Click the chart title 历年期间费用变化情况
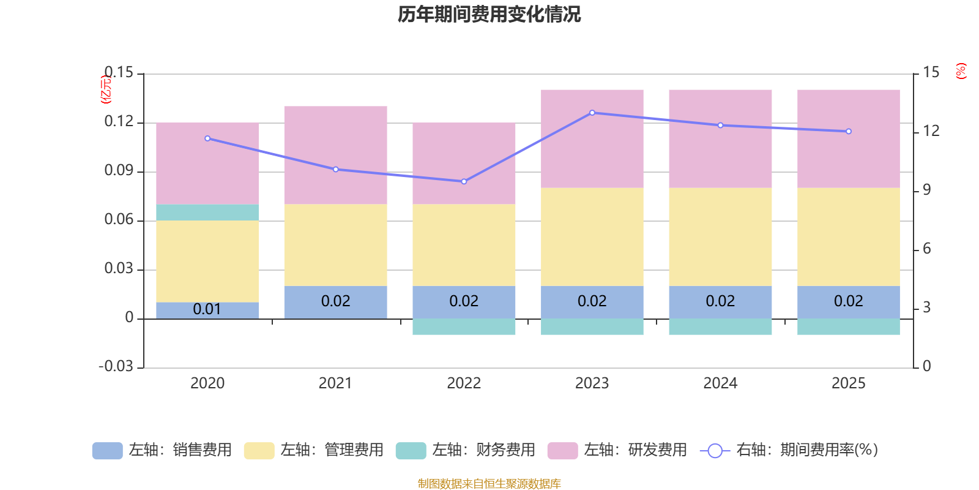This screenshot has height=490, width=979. pos(489,14)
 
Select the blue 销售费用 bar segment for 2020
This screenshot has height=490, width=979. pos(207,310)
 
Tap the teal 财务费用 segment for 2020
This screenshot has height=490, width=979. pos(207,212)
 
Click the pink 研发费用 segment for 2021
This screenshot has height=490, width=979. pos(335,155)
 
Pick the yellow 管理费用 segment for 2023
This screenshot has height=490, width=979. pos(592,236)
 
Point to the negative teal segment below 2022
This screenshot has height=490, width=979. pos(464,326)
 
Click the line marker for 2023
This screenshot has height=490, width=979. pos(592,113)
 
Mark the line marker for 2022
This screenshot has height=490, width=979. pos(464,181)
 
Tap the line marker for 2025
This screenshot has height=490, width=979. pos(848,131)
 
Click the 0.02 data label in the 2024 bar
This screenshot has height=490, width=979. pos(720,301)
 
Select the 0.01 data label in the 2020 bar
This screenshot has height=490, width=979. pos(207,309)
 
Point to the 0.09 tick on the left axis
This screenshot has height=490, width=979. pos(119,170)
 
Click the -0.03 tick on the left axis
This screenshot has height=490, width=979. pos(116,366)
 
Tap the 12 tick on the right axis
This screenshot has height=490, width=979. pos(931,131)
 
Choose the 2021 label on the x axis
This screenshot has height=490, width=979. pos(335,383)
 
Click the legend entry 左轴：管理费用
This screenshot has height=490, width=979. pos(313,450)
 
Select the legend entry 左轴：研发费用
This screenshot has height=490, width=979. pos(617,450)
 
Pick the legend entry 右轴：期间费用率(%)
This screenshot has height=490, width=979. pos(789,450)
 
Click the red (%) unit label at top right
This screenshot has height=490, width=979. pos(961,71)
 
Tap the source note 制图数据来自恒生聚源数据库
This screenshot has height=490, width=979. pos(489,484)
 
